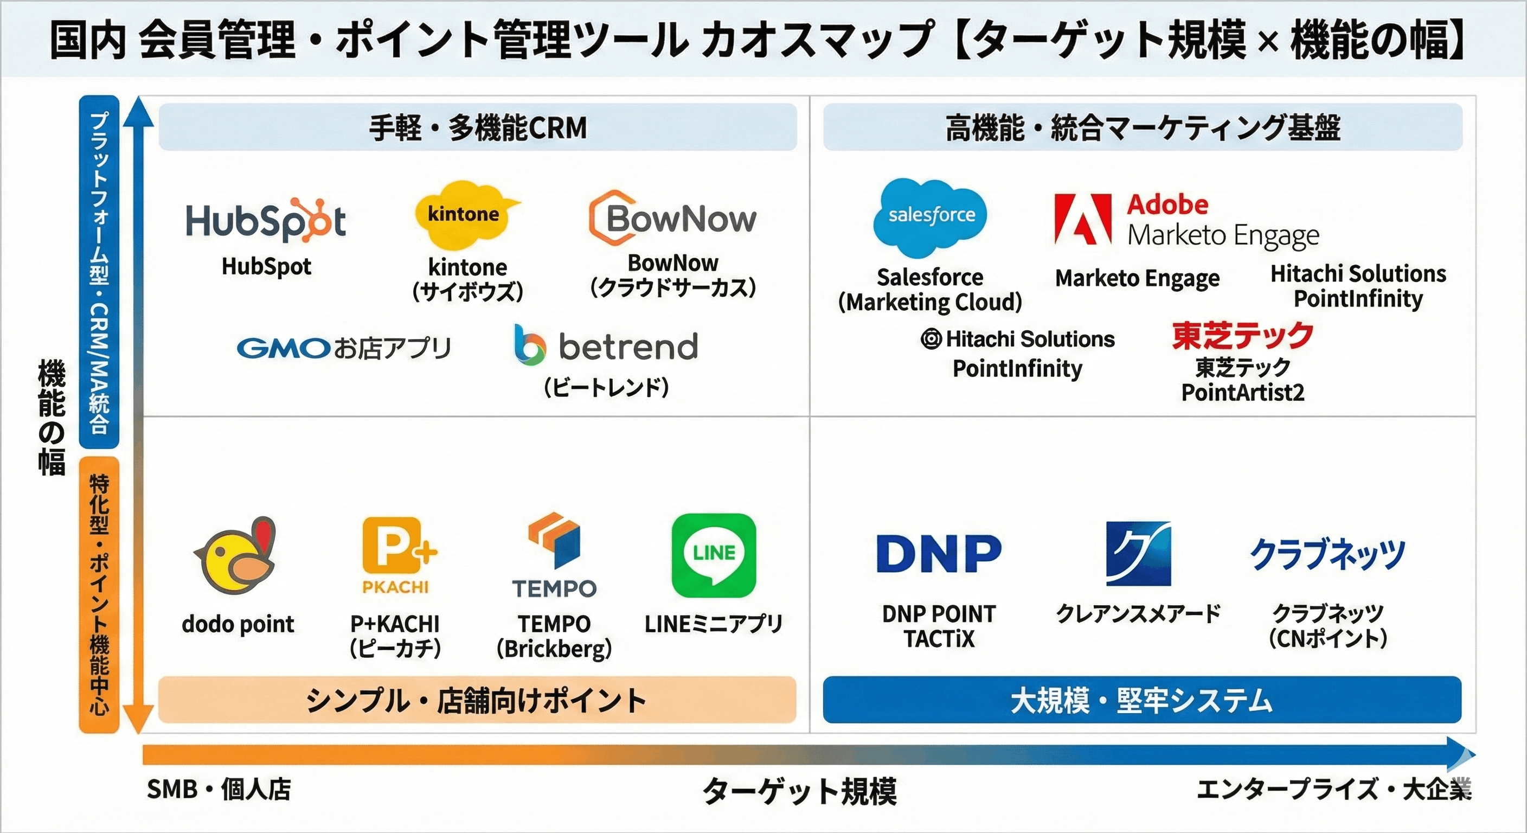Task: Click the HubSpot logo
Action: (266, 221)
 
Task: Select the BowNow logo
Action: (673, 218)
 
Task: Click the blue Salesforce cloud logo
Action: (931, 216)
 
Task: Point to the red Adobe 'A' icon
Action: (1083, 219)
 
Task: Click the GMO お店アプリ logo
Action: (344, 348)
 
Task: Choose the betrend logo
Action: (606, 347)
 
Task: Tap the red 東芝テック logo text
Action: (1242, 336)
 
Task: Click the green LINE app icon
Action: (714, 555)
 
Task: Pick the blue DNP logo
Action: (939, 553)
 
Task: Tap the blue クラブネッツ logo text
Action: (1328, 554)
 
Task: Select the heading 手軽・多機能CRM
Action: (478, 127)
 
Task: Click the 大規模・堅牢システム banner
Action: (1141, 700)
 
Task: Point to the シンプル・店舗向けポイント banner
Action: (477, 700)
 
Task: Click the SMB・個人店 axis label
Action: (219, 789)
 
